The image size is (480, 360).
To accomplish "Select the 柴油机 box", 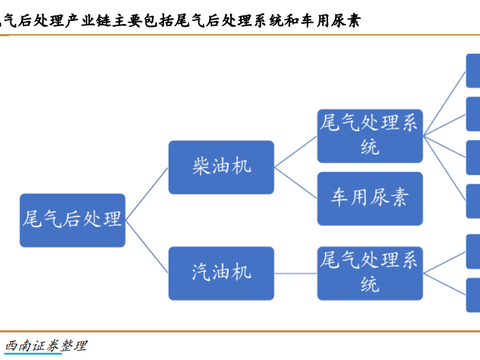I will tap(220, 168).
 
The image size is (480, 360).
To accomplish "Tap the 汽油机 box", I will tap(220, 269).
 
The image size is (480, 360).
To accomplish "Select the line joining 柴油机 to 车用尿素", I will tap(295, 181).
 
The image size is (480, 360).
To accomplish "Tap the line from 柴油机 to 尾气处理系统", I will tap(295, 151).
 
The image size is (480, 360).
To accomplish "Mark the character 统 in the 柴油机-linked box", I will tap(369, 147).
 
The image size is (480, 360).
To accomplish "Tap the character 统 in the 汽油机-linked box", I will tap(369, 282).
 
